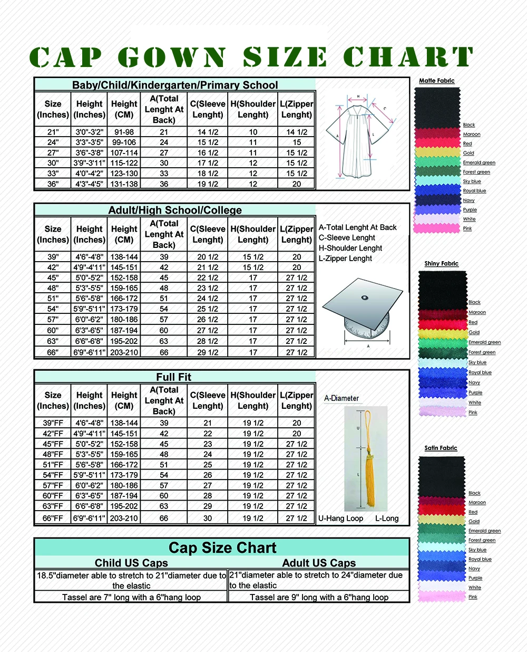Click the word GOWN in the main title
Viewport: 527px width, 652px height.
pyautogui.click(x=172, y=57)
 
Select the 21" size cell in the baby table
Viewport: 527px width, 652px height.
pyautogui.click(x=53, y=132)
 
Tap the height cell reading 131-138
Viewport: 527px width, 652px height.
pyautogui.click(x=124, y=184)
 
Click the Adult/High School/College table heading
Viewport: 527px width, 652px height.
pyautogui.click(x=175, y=210)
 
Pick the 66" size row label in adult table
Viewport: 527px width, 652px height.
pyautogui.click(x=53, y=352)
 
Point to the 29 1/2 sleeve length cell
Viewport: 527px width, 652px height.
pyautogui.click(x=208, y=352)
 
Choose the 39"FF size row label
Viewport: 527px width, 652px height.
pyautogui.click(x=53, y=423)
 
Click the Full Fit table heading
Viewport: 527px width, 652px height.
pyautogui.click(x=174, y=377)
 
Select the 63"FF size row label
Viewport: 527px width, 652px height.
pyautogui.click(x=53, y=506)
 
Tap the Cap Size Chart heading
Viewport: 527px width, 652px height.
pyautogui.click(x=222, y=548)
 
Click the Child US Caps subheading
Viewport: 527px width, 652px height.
pyautogui.click(x=131, y=563)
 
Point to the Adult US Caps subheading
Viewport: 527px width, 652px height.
pyautogui.click(x=319, y=563)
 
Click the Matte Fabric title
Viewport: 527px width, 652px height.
pyautogui.click(x=436, y=81)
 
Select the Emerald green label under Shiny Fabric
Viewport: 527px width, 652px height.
pyautogui.click(x=484, y=342)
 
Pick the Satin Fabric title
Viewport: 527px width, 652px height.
pyautogui.click(x=441, y=448)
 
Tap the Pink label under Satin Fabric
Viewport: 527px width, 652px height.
pyautogui.click(x=473, y=597)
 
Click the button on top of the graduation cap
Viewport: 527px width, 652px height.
pyautogui.click(x=365, y=298)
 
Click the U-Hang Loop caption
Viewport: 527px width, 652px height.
pyautogui.click(x=340, y=519)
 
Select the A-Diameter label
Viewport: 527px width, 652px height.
pyautogui.click(x=341, y=398)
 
